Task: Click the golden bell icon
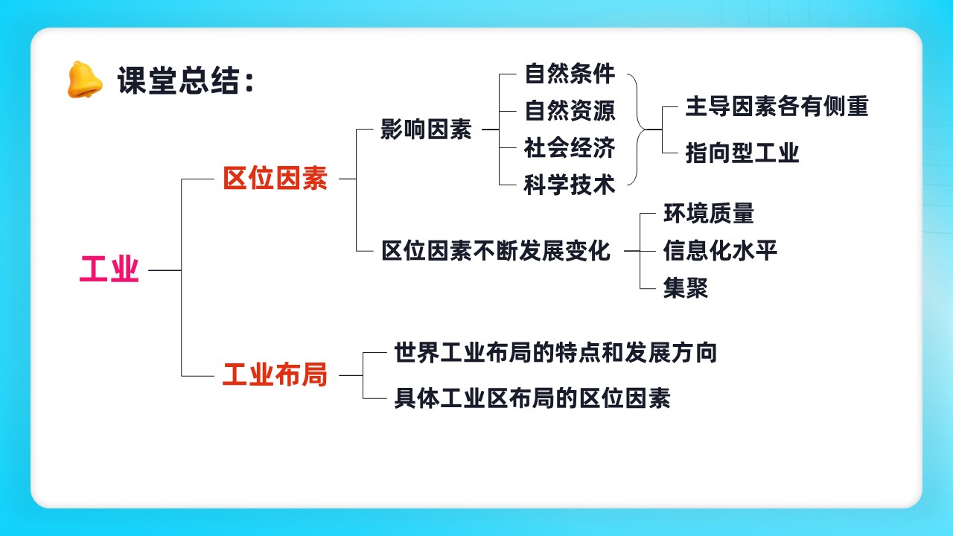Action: pyautogui.click(x=85, y=80)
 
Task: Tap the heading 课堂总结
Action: pyautogui.click(x=178, y=80)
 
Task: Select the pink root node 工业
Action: pyautogui.click(x=109, y=269)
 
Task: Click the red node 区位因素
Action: pyautogui.click(x=275, y=178)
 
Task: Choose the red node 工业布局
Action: pyautogui.click(x=275, y=374)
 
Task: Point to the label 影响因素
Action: pyautogui.click(x=426, y=129)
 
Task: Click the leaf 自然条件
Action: pyautogui.click(x=570, y=74)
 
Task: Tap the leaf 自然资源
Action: pyautogui.click(x=570, y=111)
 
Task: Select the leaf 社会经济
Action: pyautogui.click(x=570, y=147)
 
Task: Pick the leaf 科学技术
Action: pyautogui.click(x=570, y=185)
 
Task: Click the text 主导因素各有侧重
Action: pyautogui.click(x=777, y=106)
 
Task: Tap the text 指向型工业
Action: pyautogui.click(x=742, y=153)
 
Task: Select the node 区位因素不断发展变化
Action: pyautogui.click(x=496, y=251)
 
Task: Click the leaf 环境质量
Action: pyautogui.click(x=709, y=213)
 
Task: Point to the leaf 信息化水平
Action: pyautogui.click(x=720, y=250)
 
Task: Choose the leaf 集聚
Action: pyautogui.click(x=686, y=287)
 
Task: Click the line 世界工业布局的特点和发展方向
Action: pyautogui.click(x=555, y=352)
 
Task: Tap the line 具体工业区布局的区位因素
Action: pyautogui.click(x=532, y=398)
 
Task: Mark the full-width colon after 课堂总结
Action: pyautogui.click(x=249, y=81)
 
